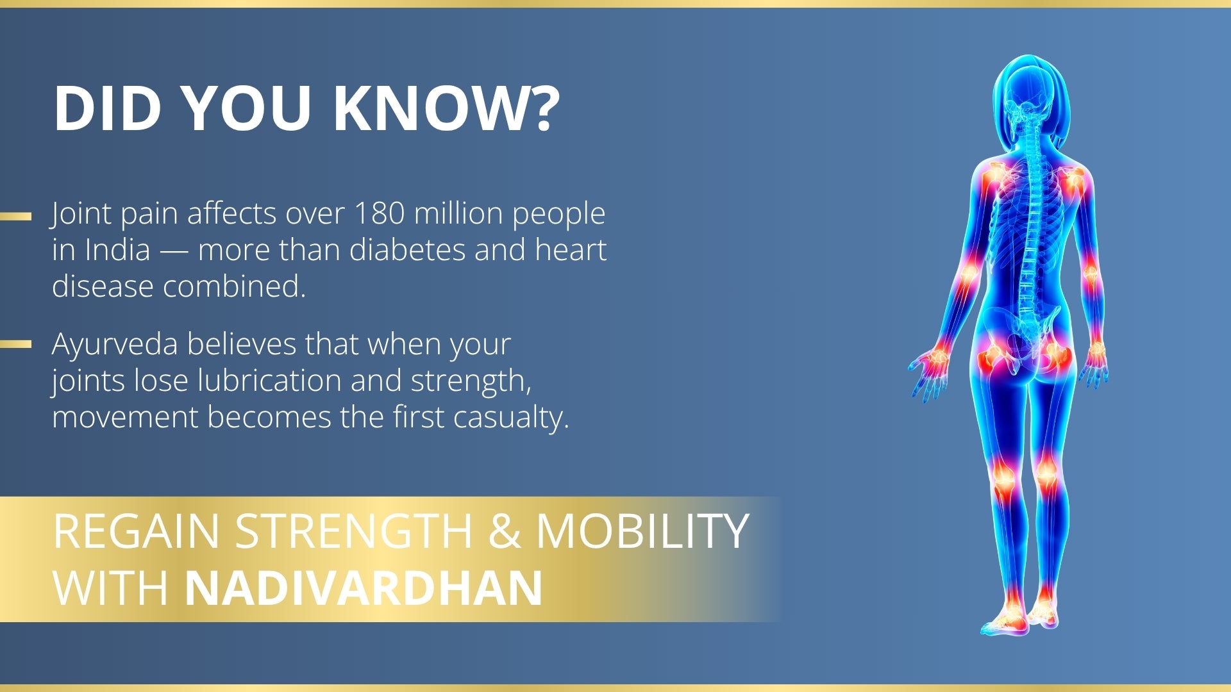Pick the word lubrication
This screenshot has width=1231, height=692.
[269, 381]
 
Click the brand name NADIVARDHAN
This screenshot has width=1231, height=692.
[364, 588]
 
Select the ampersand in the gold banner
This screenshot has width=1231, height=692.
[504, 531]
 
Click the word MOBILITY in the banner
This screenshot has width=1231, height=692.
[642, 531]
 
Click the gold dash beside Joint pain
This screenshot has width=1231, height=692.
[15, 216]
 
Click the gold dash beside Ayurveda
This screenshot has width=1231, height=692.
[15, 344]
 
